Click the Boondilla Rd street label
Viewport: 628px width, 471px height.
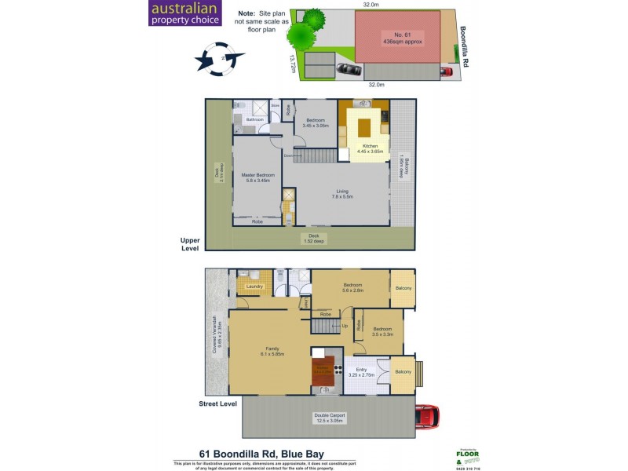pos(464,44)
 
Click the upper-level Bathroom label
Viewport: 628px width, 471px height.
pos(254,120)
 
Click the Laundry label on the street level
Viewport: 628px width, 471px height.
pos(254,287)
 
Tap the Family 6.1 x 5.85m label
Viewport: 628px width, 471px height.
pos(271,352)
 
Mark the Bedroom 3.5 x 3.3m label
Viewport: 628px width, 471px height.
pos(383,331)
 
